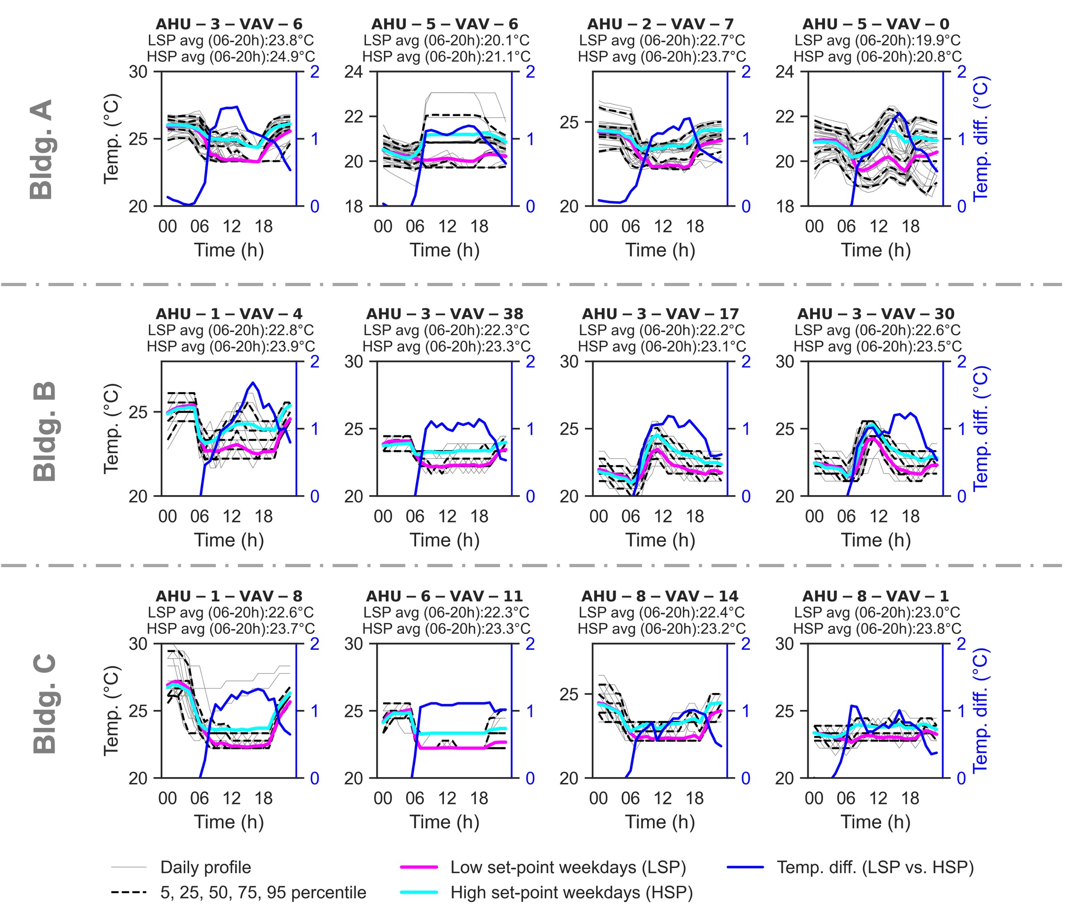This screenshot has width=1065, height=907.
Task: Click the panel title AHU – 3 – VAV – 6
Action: [229, 24]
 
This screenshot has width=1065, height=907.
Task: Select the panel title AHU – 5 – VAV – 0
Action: [876, 24]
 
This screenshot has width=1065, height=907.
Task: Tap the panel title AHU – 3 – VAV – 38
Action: [445, 314]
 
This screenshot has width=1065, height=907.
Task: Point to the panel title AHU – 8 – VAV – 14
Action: [660, 596]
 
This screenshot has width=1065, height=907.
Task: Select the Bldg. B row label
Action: [44, 432]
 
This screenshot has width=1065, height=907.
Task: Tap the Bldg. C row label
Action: [44, 704]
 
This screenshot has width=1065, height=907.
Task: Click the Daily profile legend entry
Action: [206, 867]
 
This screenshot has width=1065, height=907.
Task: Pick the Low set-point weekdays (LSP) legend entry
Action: [568, 867]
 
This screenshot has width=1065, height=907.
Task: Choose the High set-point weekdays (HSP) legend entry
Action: [571, 892]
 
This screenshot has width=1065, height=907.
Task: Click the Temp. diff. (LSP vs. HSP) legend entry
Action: [875, 867]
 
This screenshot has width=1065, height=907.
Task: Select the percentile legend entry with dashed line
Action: [263, 892]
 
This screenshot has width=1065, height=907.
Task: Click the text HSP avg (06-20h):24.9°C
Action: [231, 56]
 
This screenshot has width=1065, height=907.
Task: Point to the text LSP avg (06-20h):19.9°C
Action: [877, 40]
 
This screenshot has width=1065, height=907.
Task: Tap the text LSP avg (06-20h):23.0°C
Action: [877, 613]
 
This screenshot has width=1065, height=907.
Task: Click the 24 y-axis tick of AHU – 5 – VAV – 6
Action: [354, 72]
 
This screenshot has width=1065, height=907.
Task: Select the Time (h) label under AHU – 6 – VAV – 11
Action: [445, 822]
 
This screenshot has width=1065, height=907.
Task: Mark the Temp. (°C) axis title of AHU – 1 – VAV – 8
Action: [111, 711]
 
